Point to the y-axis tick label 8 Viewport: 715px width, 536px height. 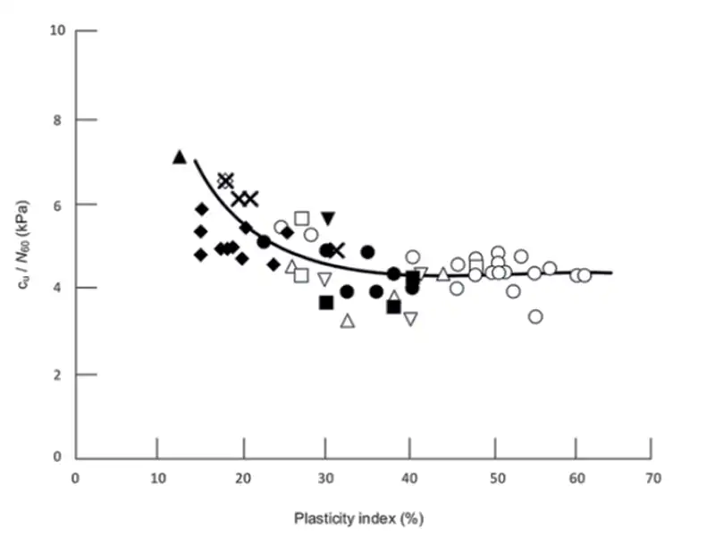tap(59, 119)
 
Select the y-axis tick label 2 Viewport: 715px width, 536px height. tap(59, 373)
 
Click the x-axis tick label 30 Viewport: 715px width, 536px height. tap(325, 478)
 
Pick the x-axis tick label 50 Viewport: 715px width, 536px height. tap(491, 478)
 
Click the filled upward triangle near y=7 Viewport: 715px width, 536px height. tap(179, 157)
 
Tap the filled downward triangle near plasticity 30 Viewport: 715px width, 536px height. tap(328, 218)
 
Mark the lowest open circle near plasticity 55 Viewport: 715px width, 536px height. tap(535, 316)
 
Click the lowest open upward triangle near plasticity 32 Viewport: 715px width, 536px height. tap(348, 321)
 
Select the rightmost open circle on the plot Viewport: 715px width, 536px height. tap(584, 275)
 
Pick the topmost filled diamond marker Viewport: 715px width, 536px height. tap(202, 209)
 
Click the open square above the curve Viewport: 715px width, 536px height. tap(302, 218)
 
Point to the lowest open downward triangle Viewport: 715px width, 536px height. tap(410, 319)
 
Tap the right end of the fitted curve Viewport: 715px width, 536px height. tap(611, 272)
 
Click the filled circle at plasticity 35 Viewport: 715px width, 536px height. tap(367, 252)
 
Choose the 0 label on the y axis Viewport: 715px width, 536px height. tap(59, 457)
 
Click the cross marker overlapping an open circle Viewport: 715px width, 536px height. tap(225, 180)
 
